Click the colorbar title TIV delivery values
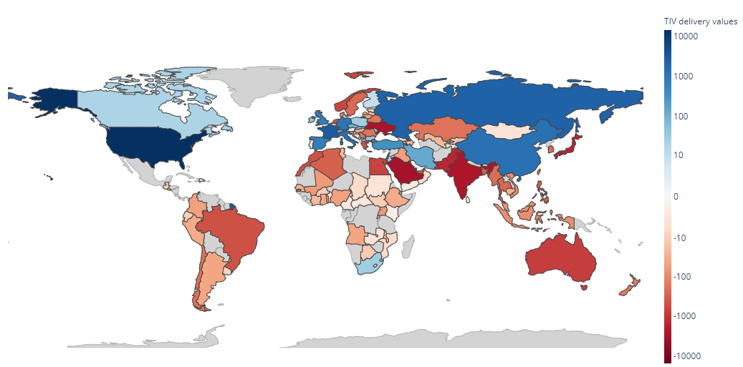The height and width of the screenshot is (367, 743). (x=700, y=22)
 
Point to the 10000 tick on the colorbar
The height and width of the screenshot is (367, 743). (x=688, y=35)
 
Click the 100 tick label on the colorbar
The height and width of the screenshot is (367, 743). (x=683, y=116)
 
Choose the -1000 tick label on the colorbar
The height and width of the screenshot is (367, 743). (x=686, y=315)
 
